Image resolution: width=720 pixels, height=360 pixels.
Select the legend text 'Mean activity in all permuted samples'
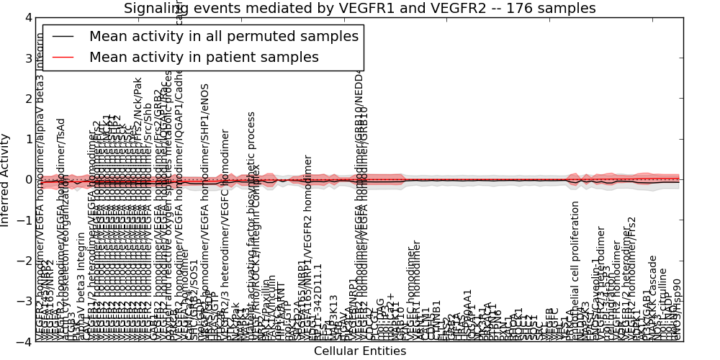click(x=223, y=36)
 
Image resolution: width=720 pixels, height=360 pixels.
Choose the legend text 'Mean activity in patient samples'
click(x=204, y=57)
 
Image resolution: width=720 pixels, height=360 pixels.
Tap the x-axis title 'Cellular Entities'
click(x=360, y=351)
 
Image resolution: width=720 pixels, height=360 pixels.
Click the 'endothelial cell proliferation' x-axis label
click(x=575, y=270)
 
